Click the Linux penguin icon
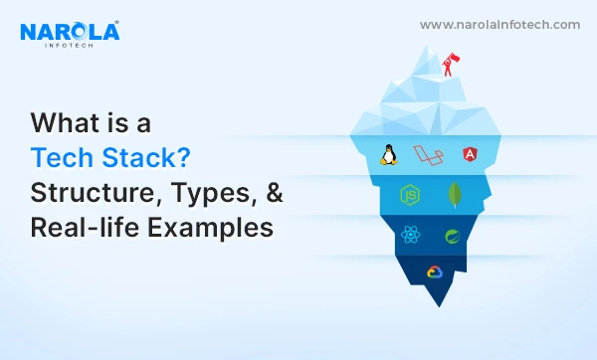pos(390,154)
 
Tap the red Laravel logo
pos(429,154)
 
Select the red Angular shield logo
pos(469,154)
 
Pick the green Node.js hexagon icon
pos(407,193)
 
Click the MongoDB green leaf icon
pos(454,193)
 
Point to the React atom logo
pos(409,236)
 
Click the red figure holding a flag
pos(450,67)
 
